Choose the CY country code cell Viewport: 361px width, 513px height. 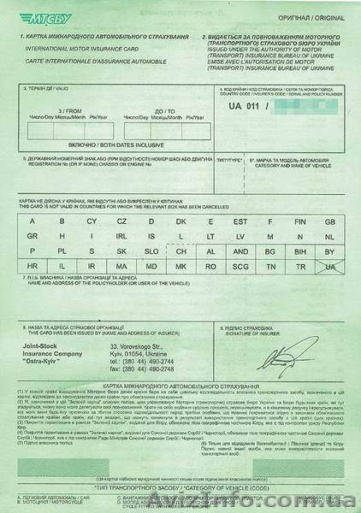pos(92,221)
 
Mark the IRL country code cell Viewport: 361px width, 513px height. pos(121,236)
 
